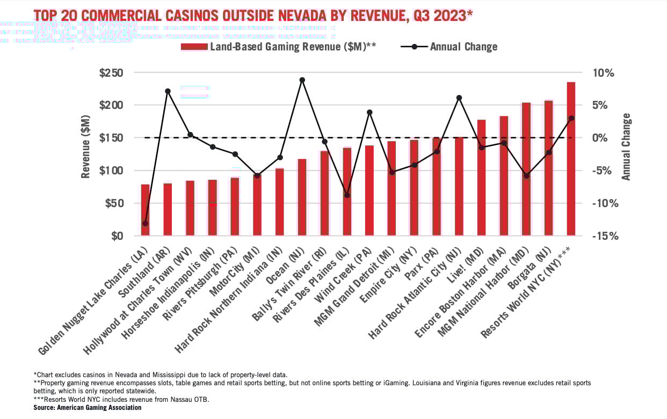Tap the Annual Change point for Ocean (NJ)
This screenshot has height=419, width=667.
click(302, 80)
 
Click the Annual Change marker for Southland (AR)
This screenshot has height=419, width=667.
click(168, 91)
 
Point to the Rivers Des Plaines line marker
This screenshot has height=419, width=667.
click(347, 195)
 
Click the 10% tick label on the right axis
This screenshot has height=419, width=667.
click(603, 73)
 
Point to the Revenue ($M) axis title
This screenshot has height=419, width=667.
click(86, 154)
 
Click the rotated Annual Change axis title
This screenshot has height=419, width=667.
click(626, 147)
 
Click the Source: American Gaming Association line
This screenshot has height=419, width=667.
click(88, 408)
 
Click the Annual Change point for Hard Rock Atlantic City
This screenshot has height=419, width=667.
click(459, 98)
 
